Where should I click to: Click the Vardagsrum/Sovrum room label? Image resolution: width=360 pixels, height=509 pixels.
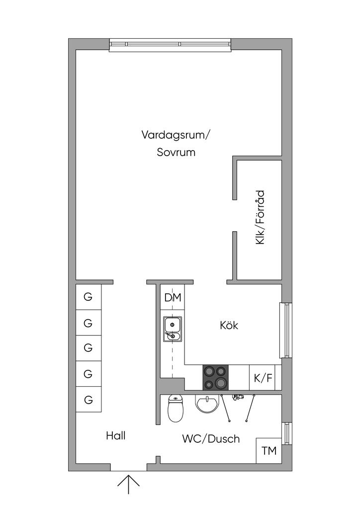pos(176,143)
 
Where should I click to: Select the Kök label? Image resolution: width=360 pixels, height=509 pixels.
pos(229,326)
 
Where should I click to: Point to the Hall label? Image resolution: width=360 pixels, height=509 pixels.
pos(115,436)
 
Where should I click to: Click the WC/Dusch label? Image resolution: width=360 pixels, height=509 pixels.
pos(211,439)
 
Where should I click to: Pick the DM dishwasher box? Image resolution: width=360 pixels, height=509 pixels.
pos(173,298)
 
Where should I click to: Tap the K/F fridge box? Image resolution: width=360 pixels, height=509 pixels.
pos(263,378)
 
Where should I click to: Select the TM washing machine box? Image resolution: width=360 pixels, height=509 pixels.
pos(269,451)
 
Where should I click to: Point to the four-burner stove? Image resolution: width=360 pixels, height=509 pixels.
pos(215,378)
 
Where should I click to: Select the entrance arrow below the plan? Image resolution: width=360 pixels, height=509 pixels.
pos(128,484)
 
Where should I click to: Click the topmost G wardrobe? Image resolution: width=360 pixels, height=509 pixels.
pos(89,297)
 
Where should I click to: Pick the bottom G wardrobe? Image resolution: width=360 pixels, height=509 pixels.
pos(89,399)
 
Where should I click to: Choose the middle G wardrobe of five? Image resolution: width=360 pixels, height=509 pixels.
pos(89,347)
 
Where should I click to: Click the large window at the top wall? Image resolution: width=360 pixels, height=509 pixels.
pos(171,44)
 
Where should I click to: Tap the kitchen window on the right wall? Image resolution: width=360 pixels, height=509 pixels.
pos(285,330)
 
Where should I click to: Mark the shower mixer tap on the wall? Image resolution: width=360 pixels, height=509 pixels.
pos(238,396)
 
